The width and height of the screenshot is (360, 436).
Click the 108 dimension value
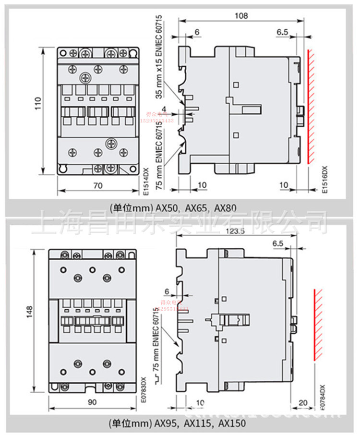click(x=241, y=16)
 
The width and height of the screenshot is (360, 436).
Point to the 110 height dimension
click(x=38, y=111)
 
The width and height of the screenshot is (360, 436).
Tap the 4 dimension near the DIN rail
click(x=178, y=109)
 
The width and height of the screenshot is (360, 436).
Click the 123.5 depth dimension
click(x=235, y=231)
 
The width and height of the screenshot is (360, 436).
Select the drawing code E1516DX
click(x=324, y=179)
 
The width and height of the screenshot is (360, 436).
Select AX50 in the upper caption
click(x=167, y=208)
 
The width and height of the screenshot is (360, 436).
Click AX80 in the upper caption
click(x=225, y=208)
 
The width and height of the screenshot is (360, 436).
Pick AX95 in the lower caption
click(x=166, y=424)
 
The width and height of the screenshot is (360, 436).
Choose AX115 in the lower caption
click(x=198, y=424)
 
